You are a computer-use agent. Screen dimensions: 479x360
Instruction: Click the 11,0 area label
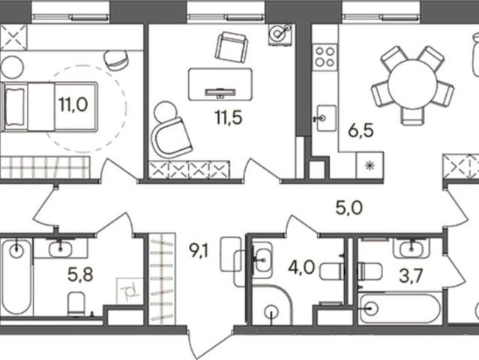[x=73, y=104]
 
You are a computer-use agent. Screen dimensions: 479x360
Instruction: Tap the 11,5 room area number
[x=229, y=118]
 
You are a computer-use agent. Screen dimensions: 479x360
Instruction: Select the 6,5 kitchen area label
[x=361, y=131]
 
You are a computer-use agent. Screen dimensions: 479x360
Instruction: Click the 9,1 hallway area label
[x=199, y=251]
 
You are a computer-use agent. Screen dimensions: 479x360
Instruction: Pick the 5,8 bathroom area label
[x=80, y=274]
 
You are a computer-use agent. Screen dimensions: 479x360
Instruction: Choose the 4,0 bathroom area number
[x=301, y=268]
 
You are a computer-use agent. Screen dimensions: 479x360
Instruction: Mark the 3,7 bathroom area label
[x=412, y=276]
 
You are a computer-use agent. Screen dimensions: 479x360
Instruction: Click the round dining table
[x=412, y=83]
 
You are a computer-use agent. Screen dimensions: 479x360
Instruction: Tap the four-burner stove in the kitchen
[x=325, y=58]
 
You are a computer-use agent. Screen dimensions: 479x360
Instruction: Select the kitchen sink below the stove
[x=326, y=118]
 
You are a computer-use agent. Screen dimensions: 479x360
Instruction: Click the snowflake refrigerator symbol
[x=370, y=165]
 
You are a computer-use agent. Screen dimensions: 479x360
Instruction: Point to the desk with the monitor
[x=220, y=84]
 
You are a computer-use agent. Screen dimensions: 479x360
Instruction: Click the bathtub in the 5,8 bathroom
[x=16, y=277]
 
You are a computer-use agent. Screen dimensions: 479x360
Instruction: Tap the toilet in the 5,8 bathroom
[x=76, y=304]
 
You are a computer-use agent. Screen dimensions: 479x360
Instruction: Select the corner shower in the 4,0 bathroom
[x=271, y=304]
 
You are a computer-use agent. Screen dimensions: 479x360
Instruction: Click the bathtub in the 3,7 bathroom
[x=400, y=308]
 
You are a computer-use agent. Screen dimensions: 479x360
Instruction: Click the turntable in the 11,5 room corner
[x=280, y=34]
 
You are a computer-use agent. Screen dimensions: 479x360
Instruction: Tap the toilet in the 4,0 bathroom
[x=332, y=271]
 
